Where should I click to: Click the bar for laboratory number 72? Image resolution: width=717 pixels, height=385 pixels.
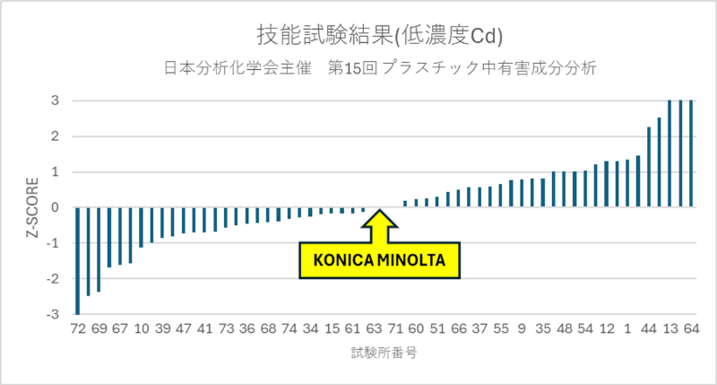(77, 260)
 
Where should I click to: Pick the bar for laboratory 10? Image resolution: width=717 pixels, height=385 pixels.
(141, 227)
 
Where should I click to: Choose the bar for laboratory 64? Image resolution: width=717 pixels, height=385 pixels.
(691, 153)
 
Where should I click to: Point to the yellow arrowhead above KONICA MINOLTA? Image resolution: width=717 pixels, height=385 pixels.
(379, 220)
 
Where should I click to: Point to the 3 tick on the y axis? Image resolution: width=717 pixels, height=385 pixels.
(55, 101)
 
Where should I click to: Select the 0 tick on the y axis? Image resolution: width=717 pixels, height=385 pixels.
(55, 207)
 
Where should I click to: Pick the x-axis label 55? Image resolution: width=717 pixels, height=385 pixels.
(501, 328)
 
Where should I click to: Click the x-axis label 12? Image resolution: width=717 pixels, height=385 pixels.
(607, 328)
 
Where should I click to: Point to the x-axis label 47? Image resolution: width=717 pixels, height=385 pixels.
(184, 328)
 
